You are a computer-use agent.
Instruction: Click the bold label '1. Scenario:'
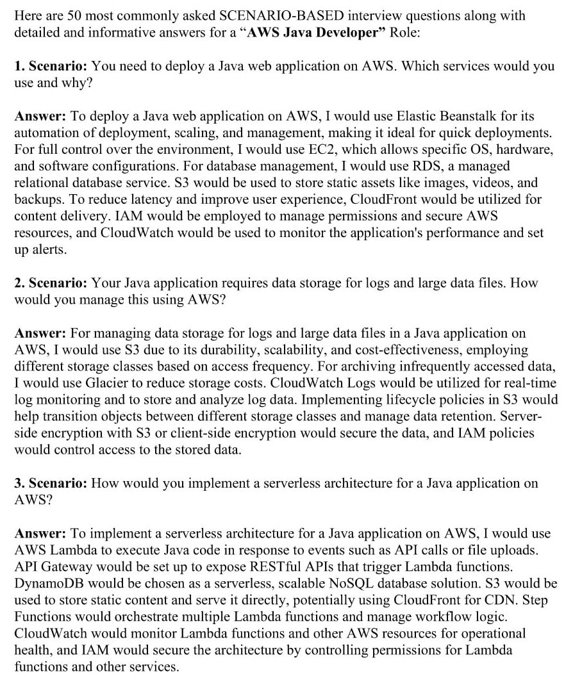pos(51,66)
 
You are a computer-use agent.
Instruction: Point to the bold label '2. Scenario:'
pos(51,283)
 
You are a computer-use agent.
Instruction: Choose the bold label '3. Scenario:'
pos(51,483)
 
